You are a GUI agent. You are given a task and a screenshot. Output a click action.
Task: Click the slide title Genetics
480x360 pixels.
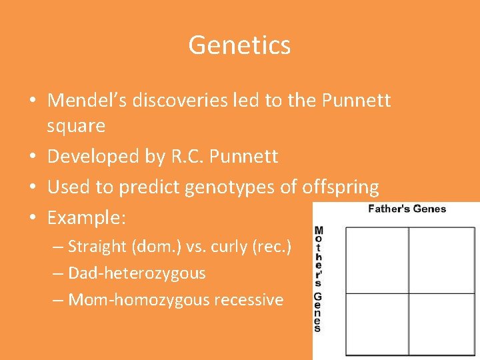pos(239,45)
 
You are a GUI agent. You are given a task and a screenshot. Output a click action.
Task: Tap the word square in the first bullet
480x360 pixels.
pos(76,125)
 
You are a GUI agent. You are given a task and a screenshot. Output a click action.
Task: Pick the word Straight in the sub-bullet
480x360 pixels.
pos(97,247)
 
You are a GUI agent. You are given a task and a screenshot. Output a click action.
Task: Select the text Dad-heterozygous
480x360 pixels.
pos(137,273)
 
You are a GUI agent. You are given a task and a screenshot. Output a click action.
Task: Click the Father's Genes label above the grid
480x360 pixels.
pos(407,209)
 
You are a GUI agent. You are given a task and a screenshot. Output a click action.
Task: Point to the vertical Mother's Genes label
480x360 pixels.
pos(318,279)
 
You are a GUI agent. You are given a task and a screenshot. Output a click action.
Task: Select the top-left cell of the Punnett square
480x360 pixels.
pos(377,260)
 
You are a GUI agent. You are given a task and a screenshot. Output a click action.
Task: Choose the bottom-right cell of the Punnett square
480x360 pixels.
pos(442,324)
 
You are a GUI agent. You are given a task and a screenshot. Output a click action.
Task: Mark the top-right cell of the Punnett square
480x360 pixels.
pos(442,260)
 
